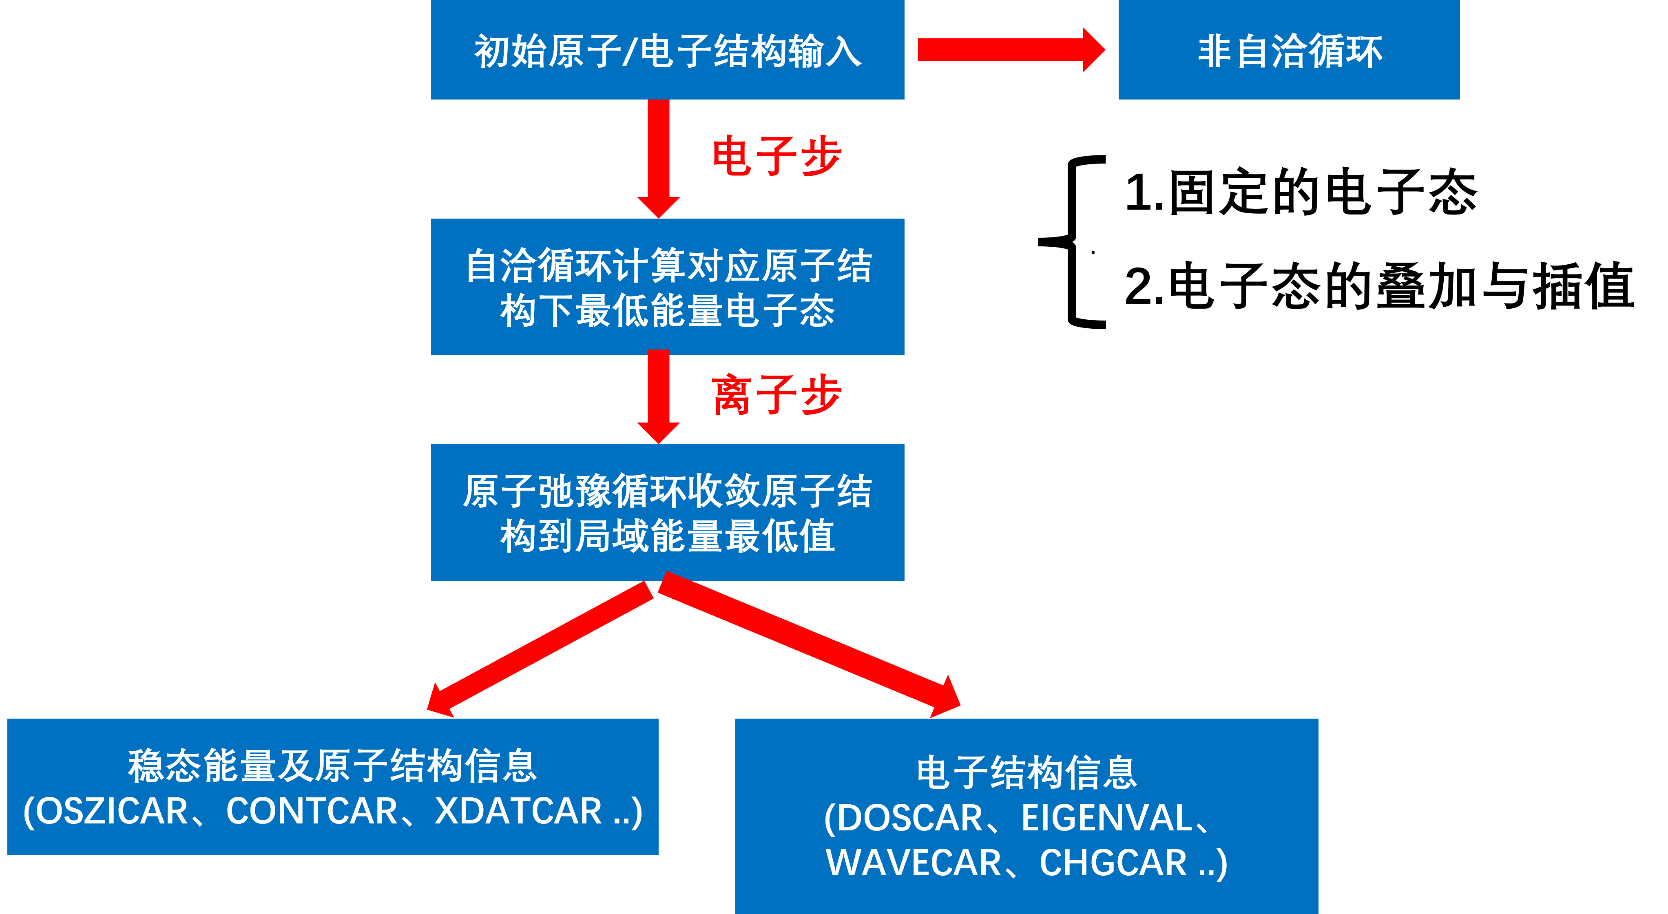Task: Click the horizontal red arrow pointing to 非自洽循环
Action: click(1010, 50)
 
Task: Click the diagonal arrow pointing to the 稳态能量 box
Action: click(544, 648)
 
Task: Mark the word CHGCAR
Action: click(1113, 863)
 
